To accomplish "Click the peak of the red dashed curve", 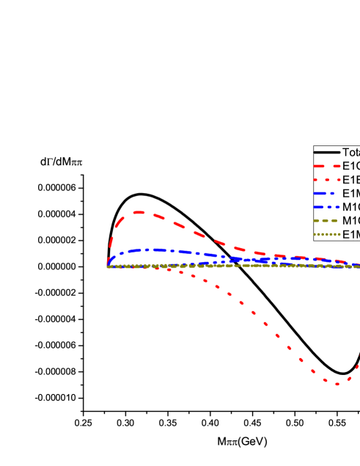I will click(x=138, y=212).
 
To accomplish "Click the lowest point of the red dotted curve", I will click(x=337, y=384).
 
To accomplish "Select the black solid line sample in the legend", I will click(x=327, y=151).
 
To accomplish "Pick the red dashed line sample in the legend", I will click(x=327, y=165).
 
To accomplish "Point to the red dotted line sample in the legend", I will click(x=327, y=179).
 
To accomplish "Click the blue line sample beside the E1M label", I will click(x=327, y=193).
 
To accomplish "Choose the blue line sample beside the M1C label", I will click(x=327, y=207).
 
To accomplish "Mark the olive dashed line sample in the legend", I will click(x=327, y=221).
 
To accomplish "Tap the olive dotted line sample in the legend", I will click(x=327, y=235).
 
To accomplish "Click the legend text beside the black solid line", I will click(x=351, y=152).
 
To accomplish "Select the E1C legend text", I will click(x=351, y=165).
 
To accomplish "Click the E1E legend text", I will click(x=351, y=179).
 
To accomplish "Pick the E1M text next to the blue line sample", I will click(x=351, y=193).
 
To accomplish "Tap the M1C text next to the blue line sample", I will click(x=351, y=207).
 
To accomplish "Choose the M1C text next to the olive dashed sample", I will click(x=351, y=221).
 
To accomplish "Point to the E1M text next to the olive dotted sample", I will click(x=351, y=235).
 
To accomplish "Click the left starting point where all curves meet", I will click(x=108, y=266).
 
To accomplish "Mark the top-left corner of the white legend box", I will click(x=314, y=145).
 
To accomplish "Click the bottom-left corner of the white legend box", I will click(x=314, y=241).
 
